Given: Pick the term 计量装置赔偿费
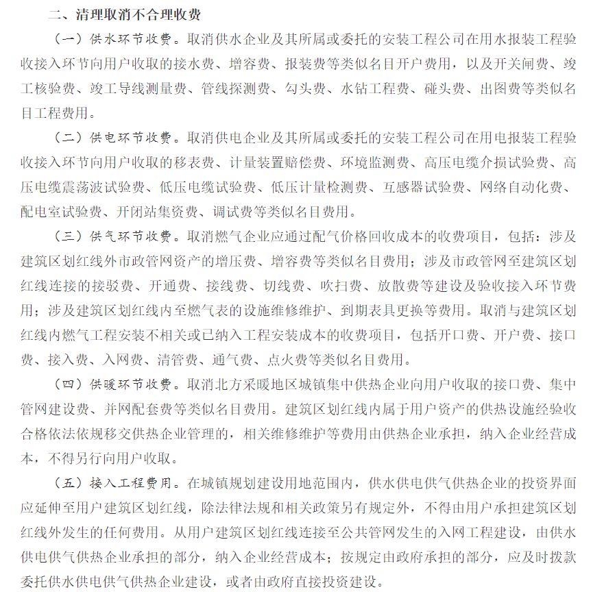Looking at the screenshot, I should click(x=284, y=162).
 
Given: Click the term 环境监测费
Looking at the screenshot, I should click(x=375, y=162).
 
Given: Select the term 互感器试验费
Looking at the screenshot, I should click(x=427, y=187).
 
